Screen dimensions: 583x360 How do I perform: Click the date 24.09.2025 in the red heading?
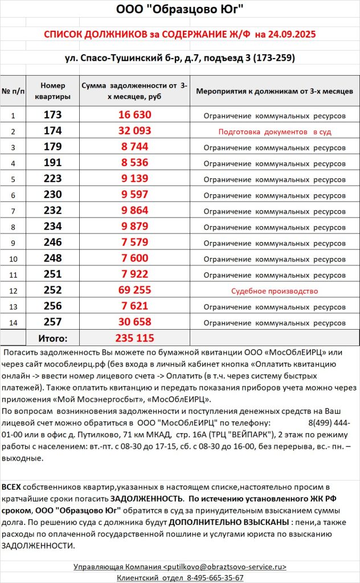tap(288, 34)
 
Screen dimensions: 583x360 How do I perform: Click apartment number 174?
tap(52, 131)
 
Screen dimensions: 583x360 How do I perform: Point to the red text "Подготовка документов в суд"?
tap(275, 132)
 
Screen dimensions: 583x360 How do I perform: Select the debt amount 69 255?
tap(134, 290)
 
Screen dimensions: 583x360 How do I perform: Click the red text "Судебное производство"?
tap(274, 291)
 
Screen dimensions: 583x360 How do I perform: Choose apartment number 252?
tap(52, 290)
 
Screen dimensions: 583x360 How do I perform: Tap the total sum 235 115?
tap(134, 338)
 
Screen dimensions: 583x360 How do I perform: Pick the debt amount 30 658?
tap(134, 322)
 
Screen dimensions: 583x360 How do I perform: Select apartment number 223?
tap(52, 179)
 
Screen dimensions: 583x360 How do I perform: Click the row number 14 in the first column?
tap(13, 323)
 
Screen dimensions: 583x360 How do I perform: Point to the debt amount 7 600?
tap(134, 258)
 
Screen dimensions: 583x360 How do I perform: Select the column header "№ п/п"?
tap(13, 91)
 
